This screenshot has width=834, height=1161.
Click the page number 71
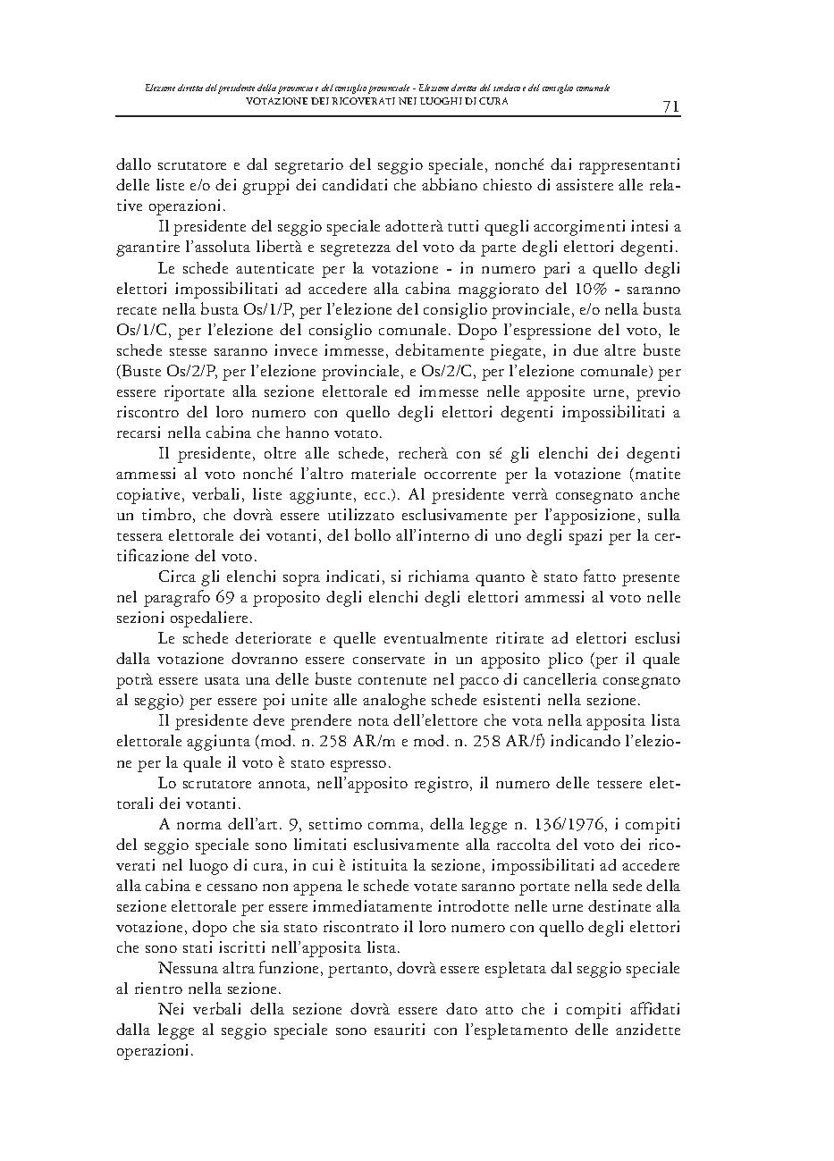tap(671, 107)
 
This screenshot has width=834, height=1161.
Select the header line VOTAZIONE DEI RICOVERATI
tap(376, 101)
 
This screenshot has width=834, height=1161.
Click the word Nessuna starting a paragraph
tap(187, 968)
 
